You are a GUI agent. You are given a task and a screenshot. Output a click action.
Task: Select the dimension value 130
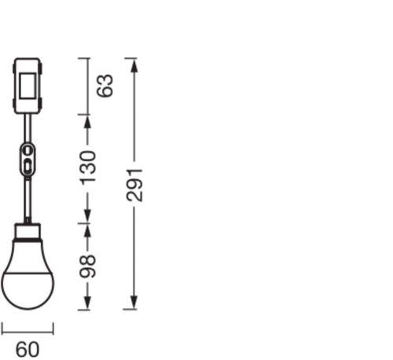click(x=88, y=167)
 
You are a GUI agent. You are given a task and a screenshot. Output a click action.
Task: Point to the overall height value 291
click(x=134, y=183)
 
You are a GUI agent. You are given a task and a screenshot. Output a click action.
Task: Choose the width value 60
click(x=27, y=348)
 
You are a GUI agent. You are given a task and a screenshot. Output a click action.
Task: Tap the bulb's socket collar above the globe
click(x=28, y=230)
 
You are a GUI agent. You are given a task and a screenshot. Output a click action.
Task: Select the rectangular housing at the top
click(x=28, y=86)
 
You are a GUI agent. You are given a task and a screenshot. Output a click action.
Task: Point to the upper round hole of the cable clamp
click(x=28, y=149)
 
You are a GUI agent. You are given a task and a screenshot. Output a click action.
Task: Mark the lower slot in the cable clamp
click(x=28, y=165)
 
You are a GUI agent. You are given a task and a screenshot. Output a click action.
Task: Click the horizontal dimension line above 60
click(x=27, y=329)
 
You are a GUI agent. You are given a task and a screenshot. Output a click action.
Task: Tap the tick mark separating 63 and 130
click(x=88, y=116)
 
